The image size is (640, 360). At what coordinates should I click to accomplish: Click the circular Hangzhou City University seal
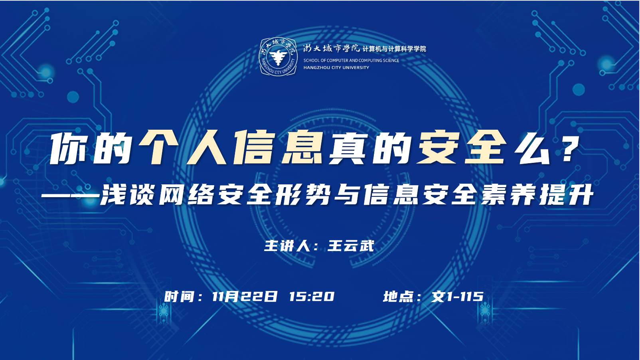278,57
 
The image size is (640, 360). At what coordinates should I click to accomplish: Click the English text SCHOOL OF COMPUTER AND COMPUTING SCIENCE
351,61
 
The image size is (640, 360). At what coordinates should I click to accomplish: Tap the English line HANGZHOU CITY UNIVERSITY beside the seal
336,68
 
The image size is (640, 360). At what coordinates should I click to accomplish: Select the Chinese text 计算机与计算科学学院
394,49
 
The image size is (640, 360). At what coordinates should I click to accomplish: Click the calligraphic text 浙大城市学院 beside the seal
332,49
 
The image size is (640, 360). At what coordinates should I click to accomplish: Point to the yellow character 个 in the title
160,147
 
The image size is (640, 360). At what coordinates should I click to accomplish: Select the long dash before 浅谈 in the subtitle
70,197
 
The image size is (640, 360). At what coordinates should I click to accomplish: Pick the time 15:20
312,297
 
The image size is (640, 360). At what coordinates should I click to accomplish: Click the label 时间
179,297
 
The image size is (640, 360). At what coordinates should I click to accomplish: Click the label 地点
398,297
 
